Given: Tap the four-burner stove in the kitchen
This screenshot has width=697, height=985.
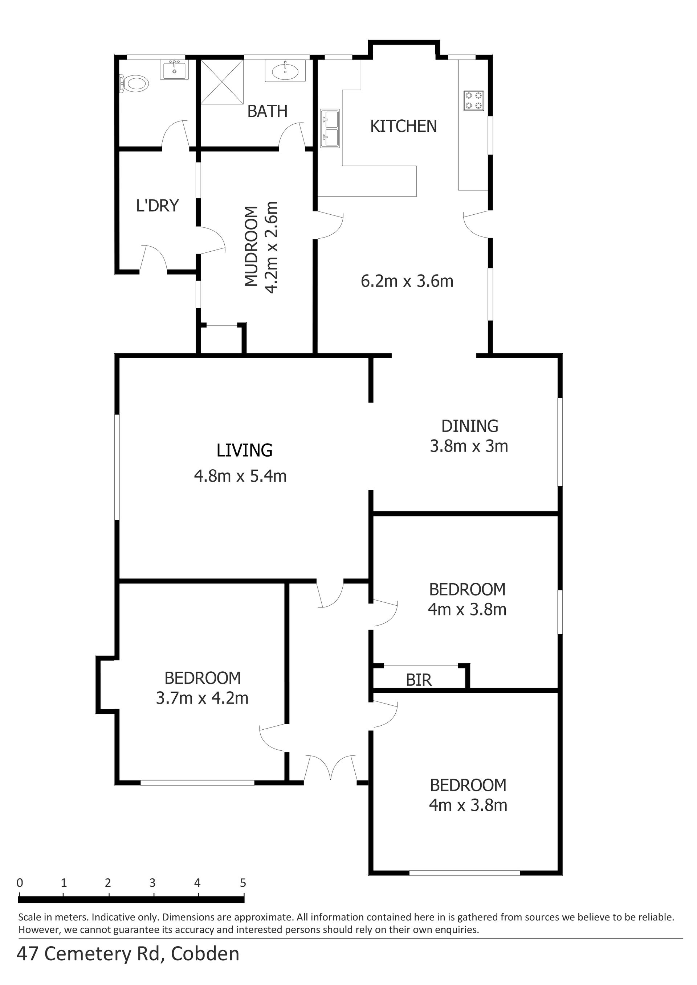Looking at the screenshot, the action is point(474,101).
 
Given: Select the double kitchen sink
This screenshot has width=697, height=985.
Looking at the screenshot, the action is point(330,128).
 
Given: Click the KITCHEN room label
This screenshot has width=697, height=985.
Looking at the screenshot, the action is point(403,126).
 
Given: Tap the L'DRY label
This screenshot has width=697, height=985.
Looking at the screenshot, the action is point(157,206).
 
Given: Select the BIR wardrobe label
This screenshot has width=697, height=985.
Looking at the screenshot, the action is point(418,680).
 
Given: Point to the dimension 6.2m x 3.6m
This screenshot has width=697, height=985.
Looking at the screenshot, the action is point(407,281).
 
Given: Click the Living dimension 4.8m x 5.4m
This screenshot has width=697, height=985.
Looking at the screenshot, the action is point(240,476).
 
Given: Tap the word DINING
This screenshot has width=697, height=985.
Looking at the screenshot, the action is point(470,426).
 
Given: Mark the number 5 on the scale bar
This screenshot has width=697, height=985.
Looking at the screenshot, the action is point(243,883).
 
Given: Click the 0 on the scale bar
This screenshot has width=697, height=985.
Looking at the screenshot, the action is point(20,883).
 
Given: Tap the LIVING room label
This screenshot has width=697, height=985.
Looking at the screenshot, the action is point(244,450).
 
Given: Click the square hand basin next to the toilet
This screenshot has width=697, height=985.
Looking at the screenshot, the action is point(174,70).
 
